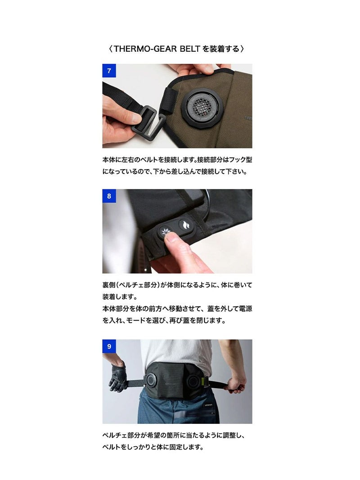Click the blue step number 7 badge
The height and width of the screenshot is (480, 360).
click(109, 71)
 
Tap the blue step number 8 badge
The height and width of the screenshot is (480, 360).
click(109, 196)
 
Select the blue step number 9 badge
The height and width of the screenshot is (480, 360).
click(109, 346)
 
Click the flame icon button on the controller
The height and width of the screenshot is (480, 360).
click(185, 226)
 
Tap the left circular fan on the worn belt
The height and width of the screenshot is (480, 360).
click(151, 380)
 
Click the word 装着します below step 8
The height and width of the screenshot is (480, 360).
click(117, 296)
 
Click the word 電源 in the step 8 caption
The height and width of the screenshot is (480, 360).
click(245, 309)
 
